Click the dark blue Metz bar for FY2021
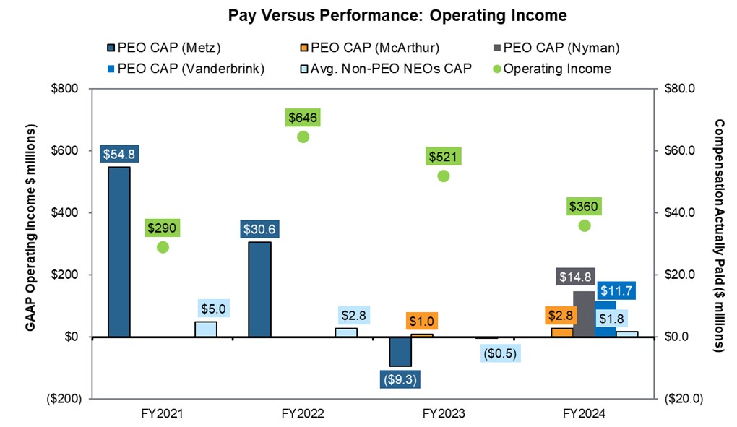[x=118, y=251]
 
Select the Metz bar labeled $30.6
[x=259, y=289]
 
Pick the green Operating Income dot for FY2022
[x=303, y=137]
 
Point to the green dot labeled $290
[x=163, y=247]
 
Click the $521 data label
[x=443, y=157]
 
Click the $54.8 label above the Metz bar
[x=118, y=153]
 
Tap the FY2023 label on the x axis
[x=443, y=415]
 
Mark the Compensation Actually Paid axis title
[x=720, y=235]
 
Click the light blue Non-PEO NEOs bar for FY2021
[x=205, y=329]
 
